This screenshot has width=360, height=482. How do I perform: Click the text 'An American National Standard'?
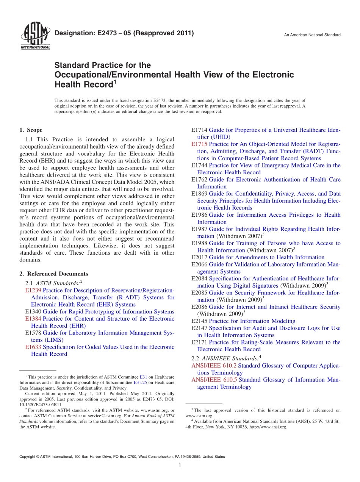(312, 35)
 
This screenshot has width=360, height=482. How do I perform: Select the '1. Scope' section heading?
(31, 130)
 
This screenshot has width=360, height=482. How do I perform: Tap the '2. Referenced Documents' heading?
(54, 274)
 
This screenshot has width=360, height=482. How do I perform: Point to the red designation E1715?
(199, 144)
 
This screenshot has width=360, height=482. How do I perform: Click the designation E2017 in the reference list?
(199, 257)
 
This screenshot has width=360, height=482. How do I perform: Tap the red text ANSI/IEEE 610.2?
(214, 366)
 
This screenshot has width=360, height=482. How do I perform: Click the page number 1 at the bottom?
(180, 466)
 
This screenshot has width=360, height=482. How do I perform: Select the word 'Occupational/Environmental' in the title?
(112, 75)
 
